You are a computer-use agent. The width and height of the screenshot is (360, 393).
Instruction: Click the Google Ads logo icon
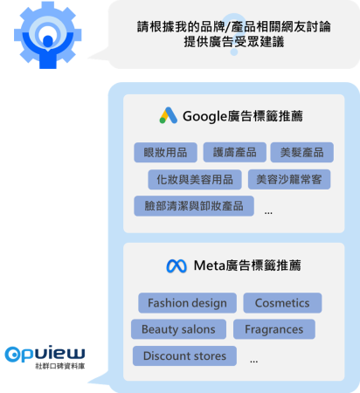click(x=169, y=115)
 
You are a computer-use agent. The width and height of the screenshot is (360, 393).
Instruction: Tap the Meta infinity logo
click(x=177, y=265)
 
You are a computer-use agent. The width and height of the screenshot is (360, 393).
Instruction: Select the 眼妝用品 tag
click(x=165, y=152)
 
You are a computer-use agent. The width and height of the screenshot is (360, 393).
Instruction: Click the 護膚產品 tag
click(x=235, y=152)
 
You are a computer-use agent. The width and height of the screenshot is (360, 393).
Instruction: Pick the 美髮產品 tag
click(x=302, y=152)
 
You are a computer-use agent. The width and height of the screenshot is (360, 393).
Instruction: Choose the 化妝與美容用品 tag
click(x=195, y=179)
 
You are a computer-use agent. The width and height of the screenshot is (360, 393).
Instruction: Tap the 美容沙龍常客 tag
click(x=289, y=179)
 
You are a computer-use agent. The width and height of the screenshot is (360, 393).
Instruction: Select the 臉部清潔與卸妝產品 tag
click(x=194, y=206)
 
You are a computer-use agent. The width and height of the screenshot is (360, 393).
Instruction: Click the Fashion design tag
click(x=187, y=303)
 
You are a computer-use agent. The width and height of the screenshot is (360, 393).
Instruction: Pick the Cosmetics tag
click(x=282, y=303)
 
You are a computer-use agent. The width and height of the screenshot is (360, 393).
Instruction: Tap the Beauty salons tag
click(x=178, y=329)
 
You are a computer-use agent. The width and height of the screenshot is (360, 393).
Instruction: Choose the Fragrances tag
click(x=274, y=329)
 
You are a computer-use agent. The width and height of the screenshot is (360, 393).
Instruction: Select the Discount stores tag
click(x=184, y=355)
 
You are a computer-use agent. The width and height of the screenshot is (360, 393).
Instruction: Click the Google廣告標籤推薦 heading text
click(x=243, y=116)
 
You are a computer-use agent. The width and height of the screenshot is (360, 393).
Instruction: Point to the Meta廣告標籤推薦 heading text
click(x=247, y=265)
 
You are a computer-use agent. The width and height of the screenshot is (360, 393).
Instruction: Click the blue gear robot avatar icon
click(x=48, y=35)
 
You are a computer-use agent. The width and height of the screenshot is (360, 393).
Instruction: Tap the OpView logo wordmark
click(x=45, y=354)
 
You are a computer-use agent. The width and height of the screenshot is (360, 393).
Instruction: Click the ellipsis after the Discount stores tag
click(x=253, y=362)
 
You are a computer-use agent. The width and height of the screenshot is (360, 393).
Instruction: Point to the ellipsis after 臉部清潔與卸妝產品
click(x=268, y=213)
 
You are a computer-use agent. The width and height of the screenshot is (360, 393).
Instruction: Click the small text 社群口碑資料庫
click(x=60, y=366)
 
